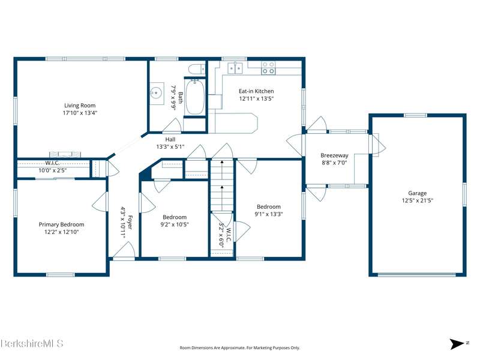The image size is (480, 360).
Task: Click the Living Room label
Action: (80, 106)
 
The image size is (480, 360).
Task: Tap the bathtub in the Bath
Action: (195, 97)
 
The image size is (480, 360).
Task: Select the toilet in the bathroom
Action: (197, 69)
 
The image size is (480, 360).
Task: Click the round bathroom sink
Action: (156, 92)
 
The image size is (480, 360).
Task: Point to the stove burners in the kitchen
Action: (268, 68)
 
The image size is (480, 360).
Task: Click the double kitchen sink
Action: (235, 68)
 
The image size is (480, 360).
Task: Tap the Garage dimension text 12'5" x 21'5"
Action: (417, 200)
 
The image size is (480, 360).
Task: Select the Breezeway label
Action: (334, 155)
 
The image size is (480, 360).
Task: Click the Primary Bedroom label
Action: (61, 224)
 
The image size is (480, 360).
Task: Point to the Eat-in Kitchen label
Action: (256, 91)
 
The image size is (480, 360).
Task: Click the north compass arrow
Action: (457, 343)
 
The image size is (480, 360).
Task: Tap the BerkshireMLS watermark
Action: (32, 343)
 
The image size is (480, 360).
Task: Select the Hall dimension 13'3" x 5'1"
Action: (170, 146)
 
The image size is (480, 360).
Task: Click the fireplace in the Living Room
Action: (65, 154)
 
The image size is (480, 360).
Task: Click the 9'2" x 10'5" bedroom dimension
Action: (175, 224)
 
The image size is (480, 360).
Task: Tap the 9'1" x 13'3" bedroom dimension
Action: (268, 214)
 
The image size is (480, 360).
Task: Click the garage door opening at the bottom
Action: (417, 274)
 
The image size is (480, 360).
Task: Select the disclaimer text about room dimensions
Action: (239, 348)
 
